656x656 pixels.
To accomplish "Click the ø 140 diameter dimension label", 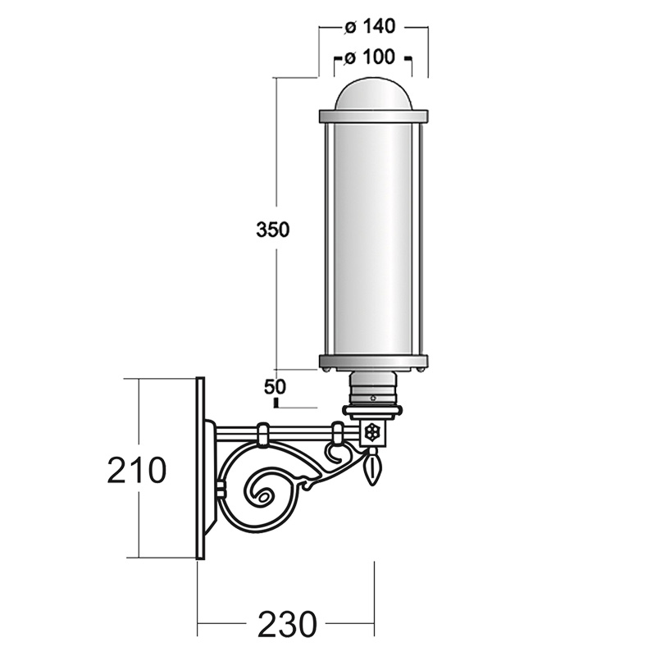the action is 370,27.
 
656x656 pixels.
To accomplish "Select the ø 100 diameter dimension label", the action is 370,57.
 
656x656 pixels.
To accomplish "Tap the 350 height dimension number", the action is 272,230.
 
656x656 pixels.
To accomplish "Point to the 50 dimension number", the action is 275,387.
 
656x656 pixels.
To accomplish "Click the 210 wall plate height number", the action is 137,470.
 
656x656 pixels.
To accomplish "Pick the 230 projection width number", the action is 287,624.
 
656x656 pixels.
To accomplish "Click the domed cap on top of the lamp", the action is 373,94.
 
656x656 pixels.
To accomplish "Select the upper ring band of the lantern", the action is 374,116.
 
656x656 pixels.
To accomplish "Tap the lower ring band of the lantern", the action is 374,362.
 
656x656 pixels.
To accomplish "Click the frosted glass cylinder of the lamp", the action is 373,239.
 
